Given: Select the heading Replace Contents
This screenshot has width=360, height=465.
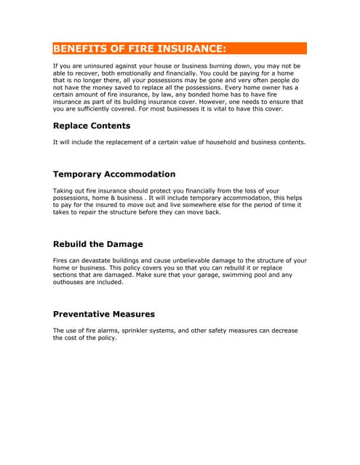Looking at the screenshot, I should (91, 126).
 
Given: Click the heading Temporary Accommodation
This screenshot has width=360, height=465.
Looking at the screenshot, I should (114, 174).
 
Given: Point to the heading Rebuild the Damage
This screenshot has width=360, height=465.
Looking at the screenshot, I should (98, 244).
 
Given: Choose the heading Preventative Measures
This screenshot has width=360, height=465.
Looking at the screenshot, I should (104, 315).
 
